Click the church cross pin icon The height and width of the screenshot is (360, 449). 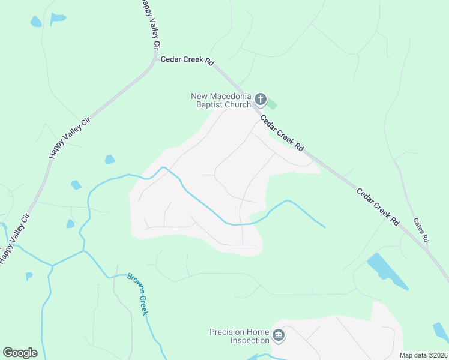click(x=261, y=99)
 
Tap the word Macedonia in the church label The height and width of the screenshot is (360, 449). click(x=229, y=96)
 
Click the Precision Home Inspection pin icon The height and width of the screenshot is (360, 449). click(x=278, y=335)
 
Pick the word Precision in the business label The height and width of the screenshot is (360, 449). click(x=228, y=332)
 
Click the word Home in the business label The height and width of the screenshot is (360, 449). click(x=258, y=332)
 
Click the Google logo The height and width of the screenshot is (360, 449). click(x=20, y=353)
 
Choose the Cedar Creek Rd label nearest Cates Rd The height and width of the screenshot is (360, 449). click(x=378, y=208)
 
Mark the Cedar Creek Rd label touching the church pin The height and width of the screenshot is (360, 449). click(x=282, y=133)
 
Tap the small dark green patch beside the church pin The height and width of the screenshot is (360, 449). click(x=272, y=104)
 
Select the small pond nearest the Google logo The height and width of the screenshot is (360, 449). click(x=29, y=276)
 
